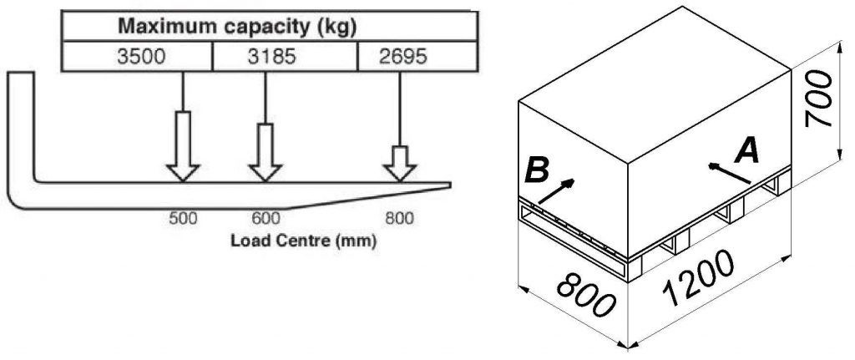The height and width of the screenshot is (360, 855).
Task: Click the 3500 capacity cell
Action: point(137,56)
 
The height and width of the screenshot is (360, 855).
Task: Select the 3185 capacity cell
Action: point(285,56)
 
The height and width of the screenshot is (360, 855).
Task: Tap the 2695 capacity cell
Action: point(417,56)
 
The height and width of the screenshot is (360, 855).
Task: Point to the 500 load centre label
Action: point(183,220)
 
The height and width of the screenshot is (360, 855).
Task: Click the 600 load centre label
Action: point(266,220)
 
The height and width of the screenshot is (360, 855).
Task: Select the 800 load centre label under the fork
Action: point(399,220)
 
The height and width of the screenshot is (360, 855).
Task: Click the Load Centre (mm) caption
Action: point(303,240)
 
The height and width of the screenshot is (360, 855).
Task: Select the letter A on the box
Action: point(746,151)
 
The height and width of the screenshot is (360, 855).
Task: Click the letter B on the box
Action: point(536,170)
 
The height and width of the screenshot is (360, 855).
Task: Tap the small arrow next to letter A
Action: point(729,173)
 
